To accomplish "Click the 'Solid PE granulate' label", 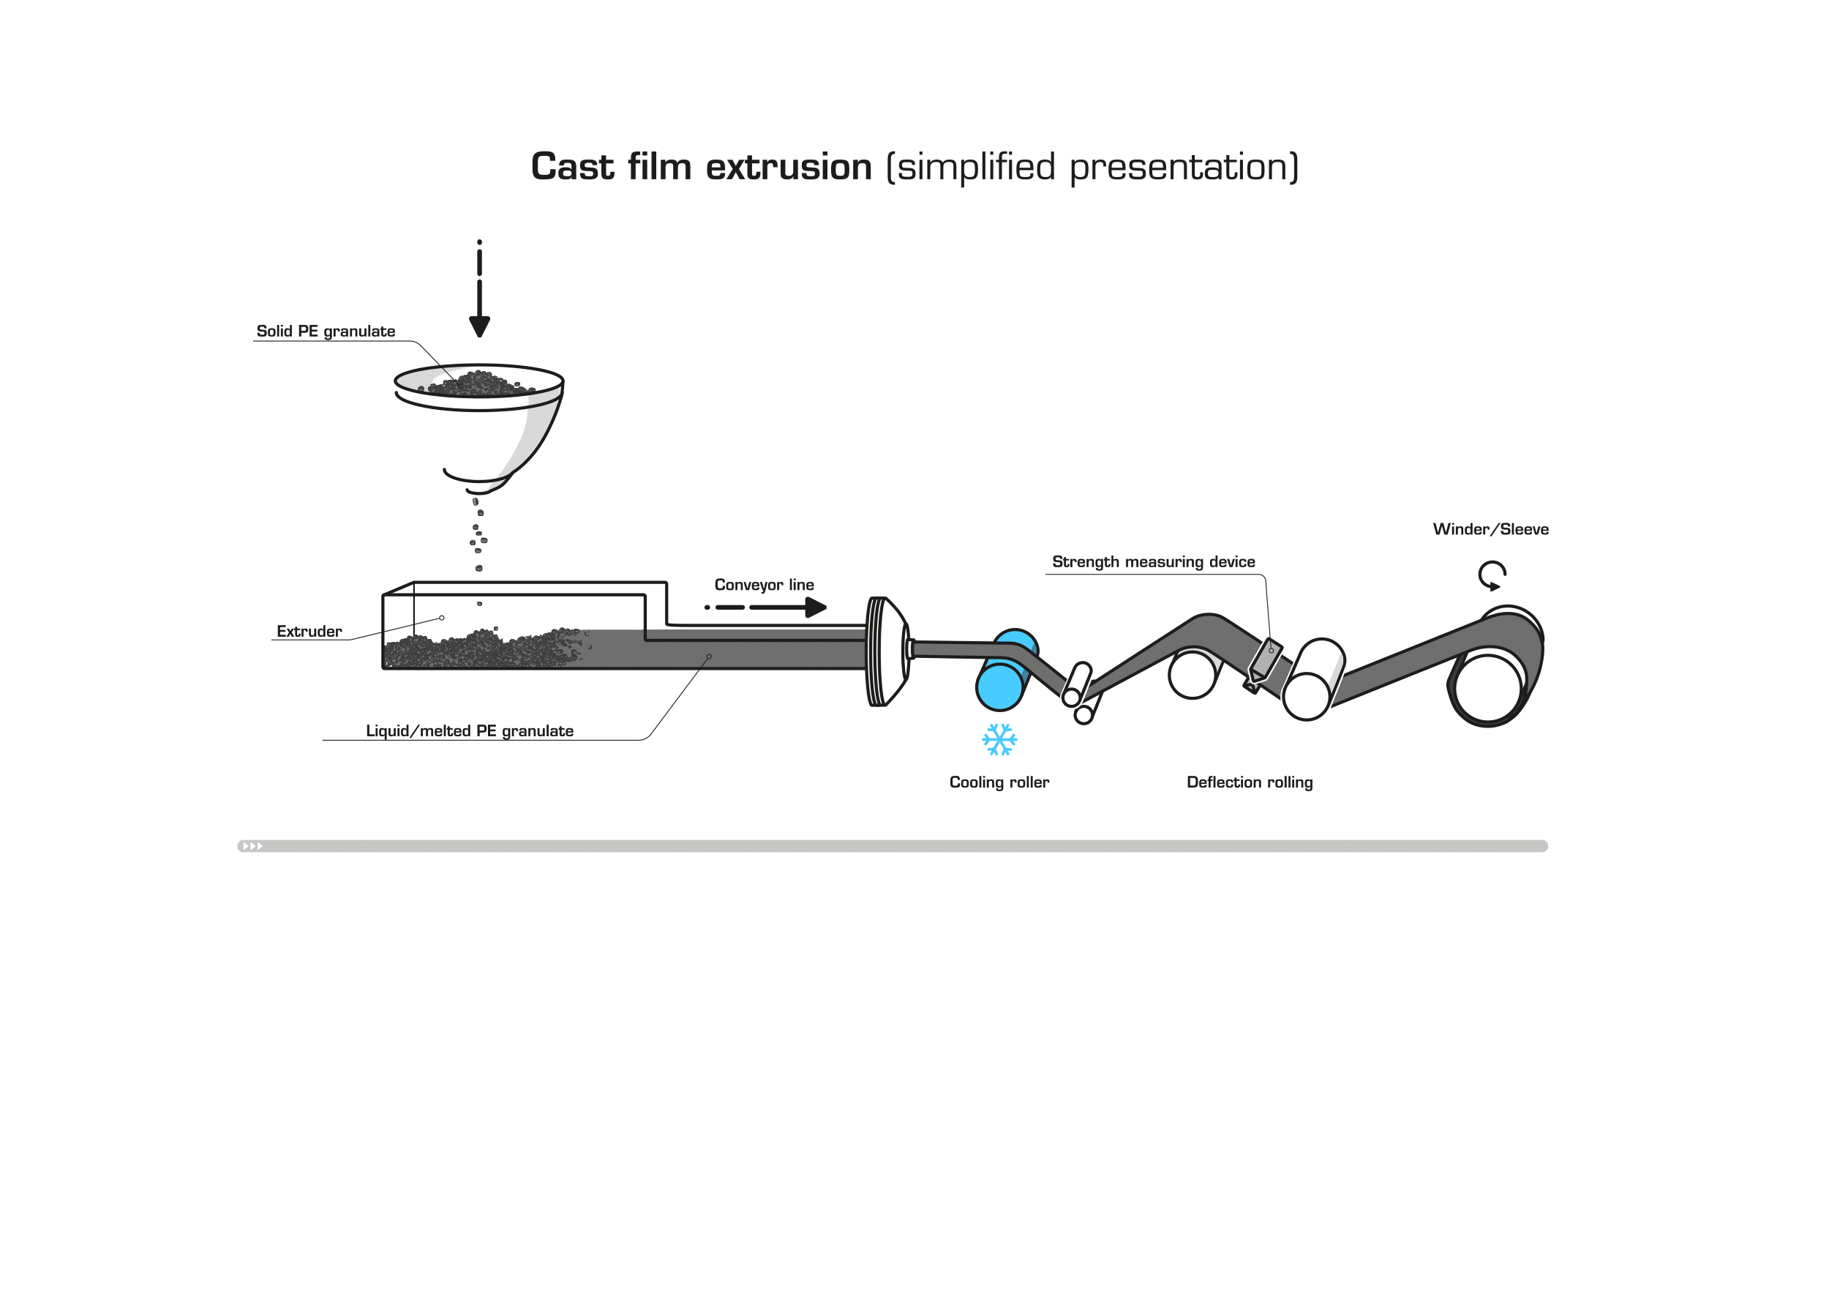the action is pyautogui.click(x=326, y=332).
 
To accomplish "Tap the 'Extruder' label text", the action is pyautogui.click(x=309, y=632).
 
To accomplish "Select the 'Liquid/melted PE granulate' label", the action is pyautogui.click(x=470, y=731).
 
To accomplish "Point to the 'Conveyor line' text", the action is pyautogui.click(x=764, y=585).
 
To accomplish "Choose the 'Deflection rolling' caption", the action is pyautogui.click(x=1250, y=782).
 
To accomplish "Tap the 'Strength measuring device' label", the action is pyautogui.click(x=1154, y=562).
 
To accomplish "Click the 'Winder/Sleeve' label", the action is pyautogui.click(x=1490, y=529).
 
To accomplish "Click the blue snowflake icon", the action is pyautogui.click(x=1000, y=739).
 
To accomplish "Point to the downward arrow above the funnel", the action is pyautogui.click(x=479, y=288).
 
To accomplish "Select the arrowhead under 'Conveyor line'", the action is pyautogui.click(x=816, y=607).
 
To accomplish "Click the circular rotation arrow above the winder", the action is pyautogui.click(x=1492, y=575).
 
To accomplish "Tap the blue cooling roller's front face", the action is pyautogui.click(x=999, y=686).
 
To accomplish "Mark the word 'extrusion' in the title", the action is pyautogui.click(x=789, y=168).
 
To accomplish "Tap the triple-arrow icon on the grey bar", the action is pyautogui.click(x=252, y=846).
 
